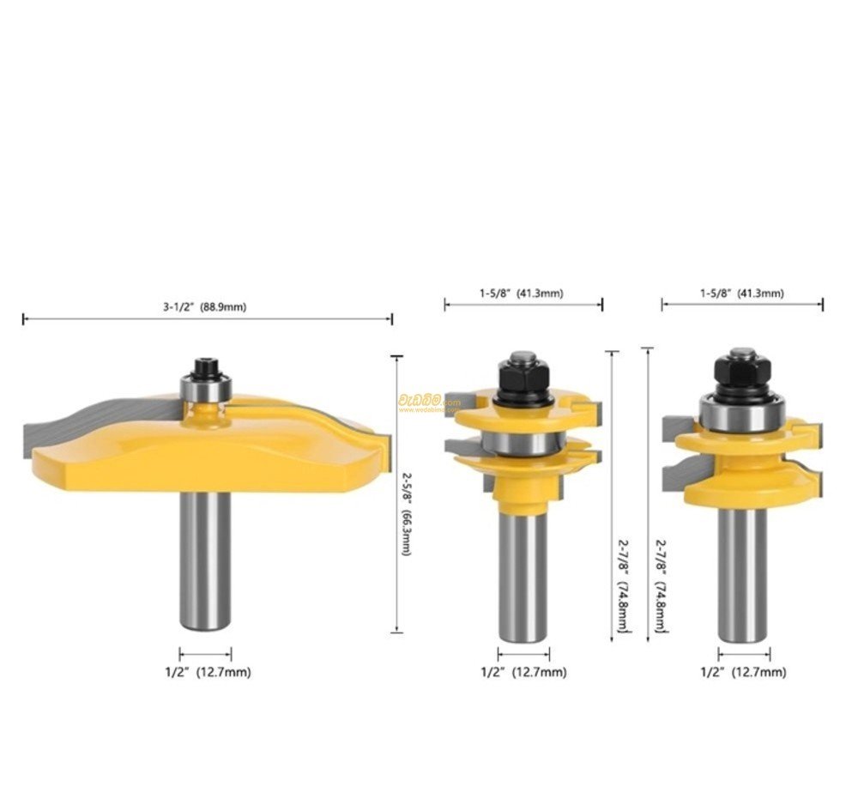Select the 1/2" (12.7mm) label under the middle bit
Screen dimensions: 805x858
(523, 673)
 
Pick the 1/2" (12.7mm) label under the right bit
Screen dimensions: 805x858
(743, 673)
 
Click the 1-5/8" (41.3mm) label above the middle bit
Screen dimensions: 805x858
(521, 294)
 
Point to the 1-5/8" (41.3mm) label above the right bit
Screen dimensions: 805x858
(740, 294)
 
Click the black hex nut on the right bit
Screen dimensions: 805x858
(743, 371)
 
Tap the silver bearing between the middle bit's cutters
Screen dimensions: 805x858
(522, 443)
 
